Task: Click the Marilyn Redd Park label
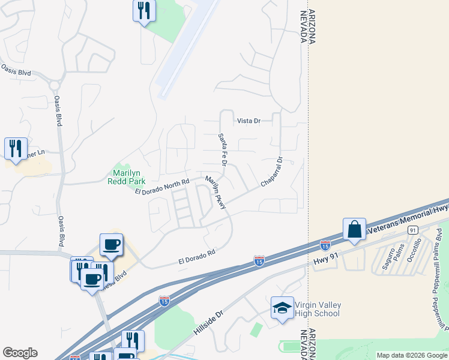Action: click(x=125, y=176)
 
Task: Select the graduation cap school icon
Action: click(x=282, y=308)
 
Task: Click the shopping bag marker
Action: click(x=354, y=230)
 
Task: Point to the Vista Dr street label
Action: click(x=249, y=121)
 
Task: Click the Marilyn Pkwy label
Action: click(x=215, y=193)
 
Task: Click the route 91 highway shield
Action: click(x=412, y=230)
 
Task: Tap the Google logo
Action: click(x=20, y=353)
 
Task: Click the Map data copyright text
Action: click(x=411, y=355)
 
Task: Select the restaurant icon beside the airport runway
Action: click(x=144, y=11)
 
